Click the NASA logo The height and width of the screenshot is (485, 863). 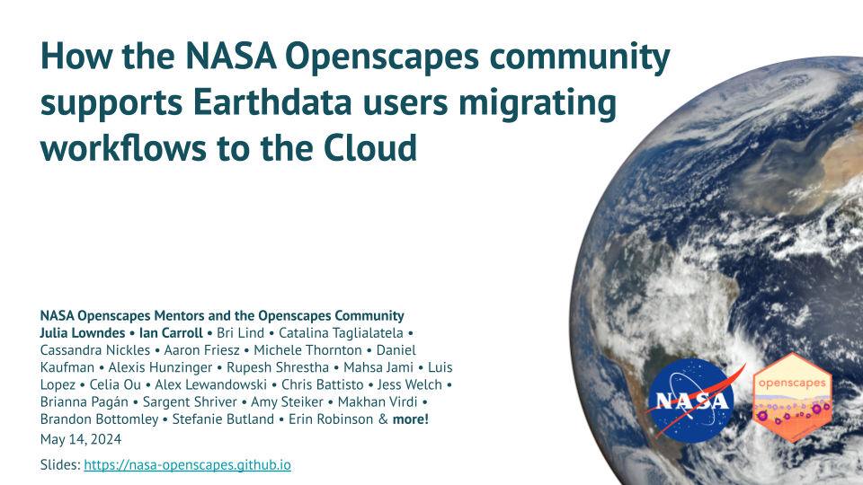pos(691,401)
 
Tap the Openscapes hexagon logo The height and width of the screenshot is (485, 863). pos(793,398)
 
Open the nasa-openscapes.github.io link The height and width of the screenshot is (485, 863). pos(187,465)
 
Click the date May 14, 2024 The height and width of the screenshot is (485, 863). pos(80,439)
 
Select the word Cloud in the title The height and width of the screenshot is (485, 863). pos(369,148)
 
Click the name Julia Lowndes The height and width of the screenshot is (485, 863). pos(83,333)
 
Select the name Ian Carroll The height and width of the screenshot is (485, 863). pos(171,333)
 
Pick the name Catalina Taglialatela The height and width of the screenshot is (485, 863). pos(341,333)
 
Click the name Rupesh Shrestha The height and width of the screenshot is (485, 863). pos(278,367)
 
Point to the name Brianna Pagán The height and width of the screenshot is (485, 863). pos(84,402)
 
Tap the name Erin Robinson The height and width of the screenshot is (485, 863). pos(331,419)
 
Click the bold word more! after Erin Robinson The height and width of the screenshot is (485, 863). pos(411,419)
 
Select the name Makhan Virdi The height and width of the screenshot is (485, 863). pos(378,402)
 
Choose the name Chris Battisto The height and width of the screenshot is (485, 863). pos(323,384)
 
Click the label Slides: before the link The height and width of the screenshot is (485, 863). pos(60,465)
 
